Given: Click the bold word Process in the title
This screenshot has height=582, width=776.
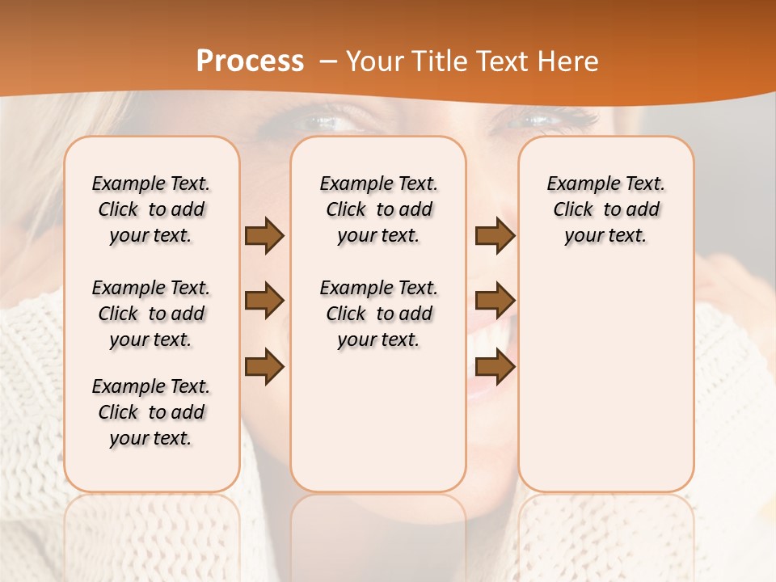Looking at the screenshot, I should pyautogui.click(x=250, y=61).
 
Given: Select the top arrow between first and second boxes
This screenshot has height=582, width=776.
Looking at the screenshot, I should pyautogui.click(x=264, y=236).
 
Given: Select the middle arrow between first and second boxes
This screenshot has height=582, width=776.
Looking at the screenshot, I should pyautogui.click(x=264, y=302).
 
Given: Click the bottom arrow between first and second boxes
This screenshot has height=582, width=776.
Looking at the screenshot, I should pyautogui.click(x=264, y=367).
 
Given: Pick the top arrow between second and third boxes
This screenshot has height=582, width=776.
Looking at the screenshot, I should pyautogui.click(x=495, y=236).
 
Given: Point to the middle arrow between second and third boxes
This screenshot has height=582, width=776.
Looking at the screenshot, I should pyautogui.click(x=495, y=302).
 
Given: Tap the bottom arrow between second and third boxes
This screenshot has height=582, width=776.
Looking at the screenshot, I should pyautogui.click(x=495, y=367).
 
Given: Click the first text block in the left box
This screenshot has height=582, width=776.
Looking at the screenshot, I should pyautogui.click(x=151, y=209).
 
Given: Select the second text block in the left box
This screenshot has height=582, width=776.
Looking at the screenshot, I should pyautogui.click(x=151, y=314).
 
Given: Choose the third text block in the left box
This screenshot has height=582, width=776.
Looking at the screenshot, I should pyautogui.click(x=151, y=412).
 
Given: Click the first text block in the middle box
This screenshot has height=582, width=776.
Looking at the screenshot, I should pyautogui.click(x=378, y=209).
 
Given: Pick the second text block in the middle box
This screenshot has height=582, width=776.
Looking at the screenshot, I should pyautogui.click(x=378, y=314).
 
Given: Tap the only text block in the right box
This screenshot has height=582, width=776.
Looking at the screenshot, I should pyautogui.click(x=605, y=209).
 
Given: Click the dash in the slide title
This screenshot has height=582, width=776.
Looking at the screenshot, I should pyautogui.click(x=328, y=62).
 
